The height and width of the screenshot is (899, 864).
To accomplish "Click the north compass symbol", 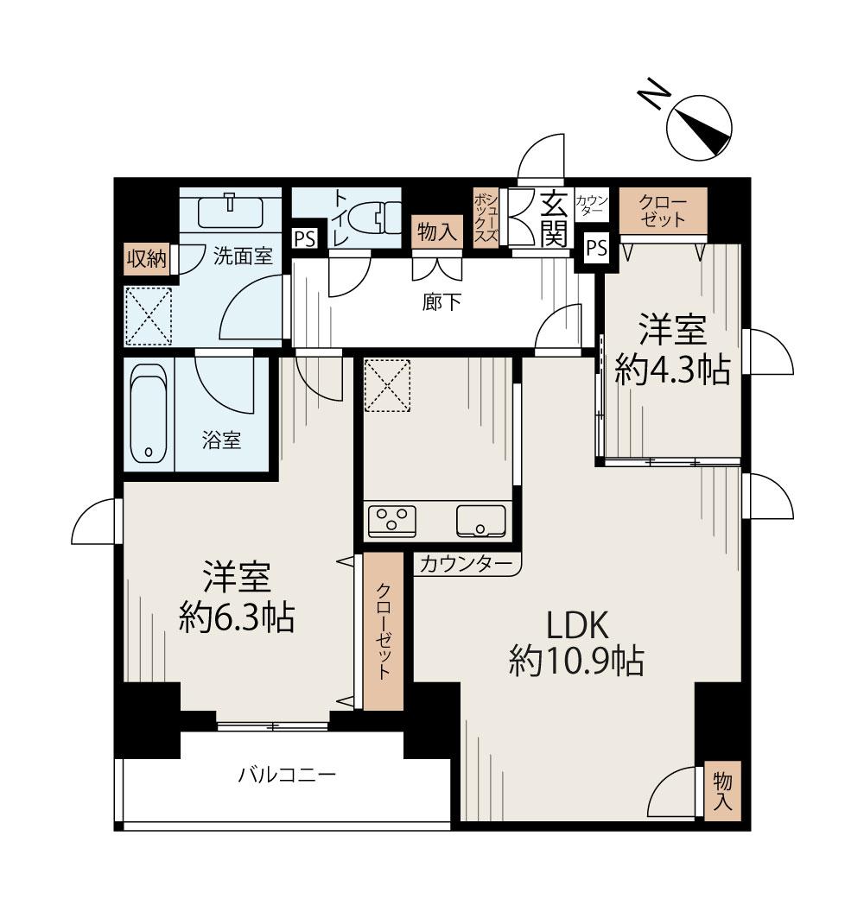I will (x=698, y=128).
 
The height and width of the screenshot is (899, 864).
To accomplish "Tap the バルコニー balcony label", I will (x=287, y=775).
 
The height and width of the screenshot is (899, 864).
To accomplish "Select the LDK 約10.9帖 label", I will (x=575, y=643).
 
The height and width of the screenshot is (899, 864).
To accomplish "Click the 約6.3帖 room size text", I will (x=237, y=617).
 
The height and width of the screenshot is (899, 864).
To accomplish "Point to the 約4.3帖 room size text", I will (x=672, y=370).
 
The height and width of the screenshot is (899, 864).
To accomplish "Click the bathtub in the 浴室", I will (x=149, y=415).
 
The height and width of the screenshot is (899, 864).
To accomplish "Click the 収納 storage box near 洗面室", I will (x=147, y=259).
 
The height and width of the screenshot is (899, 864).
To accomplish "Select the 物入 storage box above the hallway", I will (x=436, y=232).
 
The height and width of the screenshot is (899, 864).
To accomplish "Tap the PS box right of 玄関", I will (x=596, y=248).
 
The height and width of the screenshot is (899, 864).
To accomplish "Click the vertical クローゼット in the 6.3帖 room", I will (x=383, y=630).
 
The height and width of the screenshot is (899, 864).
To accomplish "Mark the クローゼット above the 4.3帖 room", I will (x=663, y=211).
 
